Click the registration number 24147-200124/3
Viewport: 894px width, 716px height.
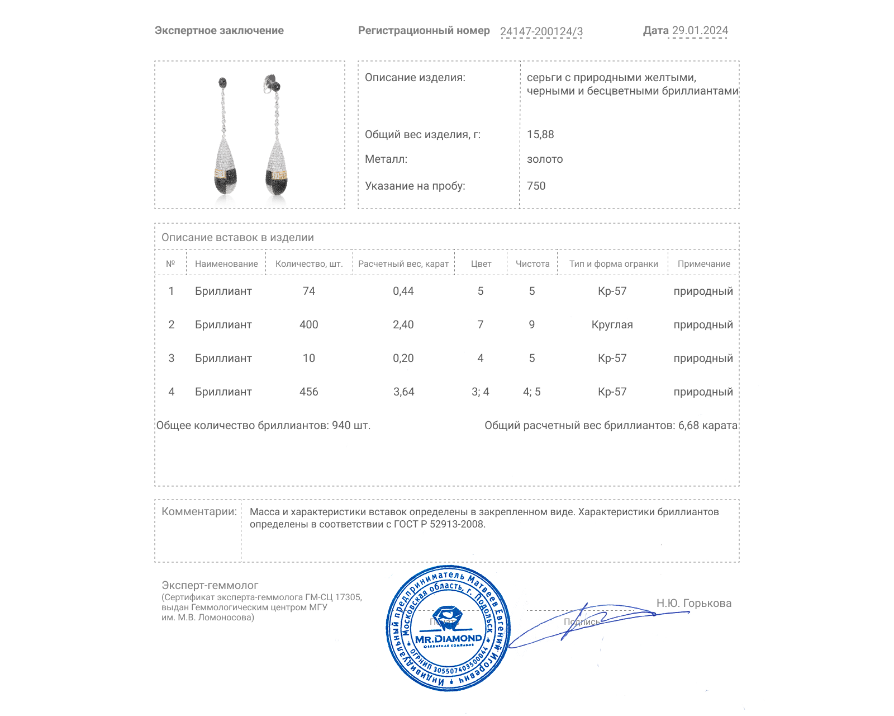(541, 32)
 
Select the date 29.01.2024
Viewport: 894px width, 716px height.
(700, 31)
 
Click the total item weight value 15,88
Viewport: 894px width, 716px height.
(540, 135)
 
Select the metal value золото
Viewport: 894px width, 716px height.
(545, 159)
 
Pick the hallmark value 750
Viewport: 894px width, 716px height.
(536, 186)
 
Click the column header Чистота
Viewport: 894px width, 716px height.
(532, 264)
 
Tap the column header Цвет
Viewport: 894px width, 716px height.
(481, 264)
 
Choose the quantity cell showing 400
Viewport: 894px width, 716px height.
(308, 325)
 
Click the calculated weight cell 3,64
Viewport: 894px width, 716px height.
(403, 392)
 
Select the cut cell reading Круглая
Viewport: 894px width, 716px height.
(612, 325)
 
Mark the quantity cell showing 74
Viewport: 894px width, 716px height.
(308, 291)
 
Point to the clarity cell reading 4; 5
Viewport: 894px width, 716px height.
(531, 392)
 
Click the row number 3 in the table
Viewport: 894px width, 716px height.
(172, 359)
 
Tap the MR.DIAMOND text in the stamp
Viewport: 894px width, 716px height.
(448, 639)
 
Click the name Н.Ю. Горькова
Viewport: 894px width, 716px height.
(693, 604)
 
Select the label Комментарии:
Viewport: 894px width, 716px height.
(199, 512)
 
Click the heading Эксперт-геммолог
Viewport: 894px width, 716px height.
(210, 586)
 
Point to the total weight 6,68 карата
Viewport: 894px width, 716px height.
(707, 426)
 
